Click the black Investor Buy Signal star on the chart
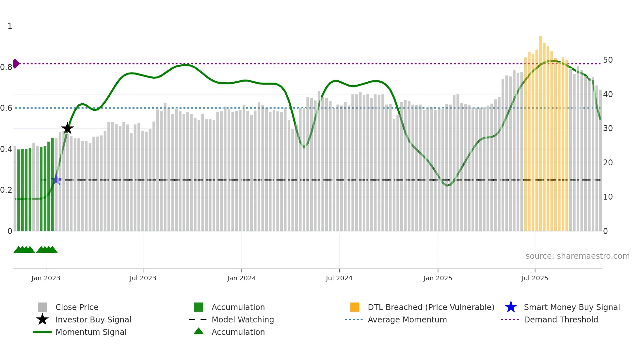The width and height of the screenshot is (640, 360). (68, 128)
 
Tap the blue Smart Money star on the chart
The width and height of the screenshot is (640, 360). (56, 179)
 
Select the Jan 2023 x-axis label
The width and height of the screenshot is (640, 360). (46, 278)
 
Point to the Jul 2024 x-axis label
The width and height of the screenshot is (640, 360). (339, 278)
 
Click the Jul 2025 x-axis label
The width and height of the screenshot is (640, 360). (535, 278)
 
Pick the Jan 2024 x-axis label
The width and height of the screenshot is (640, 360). (241, 278)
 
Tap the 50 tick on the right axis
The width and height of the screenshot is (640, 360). (608, 60)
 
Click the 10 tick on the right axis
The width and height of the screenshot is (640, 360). (608, 197)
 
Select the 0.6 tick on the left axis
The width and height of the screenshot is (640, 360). (6, 108)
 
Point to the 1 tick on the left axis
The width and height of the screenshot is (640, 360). (10, 26)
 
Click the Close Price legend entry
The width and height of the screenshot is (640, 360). (76, 307)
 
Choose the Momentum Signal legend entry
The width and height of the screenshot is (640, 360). (91, 332)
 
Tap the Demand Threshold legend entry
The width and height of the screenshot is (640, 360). (561, 319)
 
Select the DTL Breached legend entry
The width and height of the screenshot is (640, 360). (431, 307)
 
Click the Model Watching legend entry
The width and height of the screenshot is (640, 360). (243, 319)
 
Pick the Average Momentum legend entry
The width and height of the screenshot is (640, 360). (407, 319)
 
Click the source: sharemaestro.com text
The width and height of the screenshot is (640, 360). (577, 256)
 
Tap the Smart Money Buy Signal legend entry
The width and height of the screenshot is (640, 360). (571, 307)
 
